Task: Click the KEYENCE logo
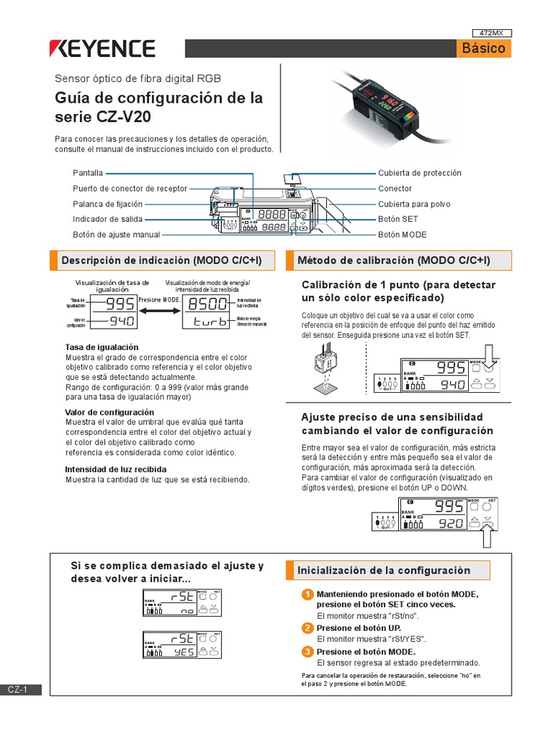click(102, 48)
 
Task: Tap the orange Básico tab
click(483, 48)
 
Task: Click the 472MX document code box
click(492, 33)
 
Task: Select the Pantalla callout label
click(88, 173)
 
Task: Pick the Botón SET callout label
click(398, 220)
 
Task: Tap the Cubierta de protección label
click(420, 173)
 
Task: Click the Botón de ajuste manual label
click(116, 235)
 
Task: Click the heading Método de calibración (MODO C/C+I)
click(393, 261)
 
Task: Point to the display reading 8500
click(208, 304)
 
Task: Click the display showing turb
click(208, 322)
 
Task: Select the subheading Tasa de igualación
click(96, 347)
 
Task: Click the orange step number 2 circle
click(307, 628)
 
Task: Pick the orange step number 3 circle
click(307, 652)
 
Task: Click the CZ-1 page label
click(18, 689)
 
